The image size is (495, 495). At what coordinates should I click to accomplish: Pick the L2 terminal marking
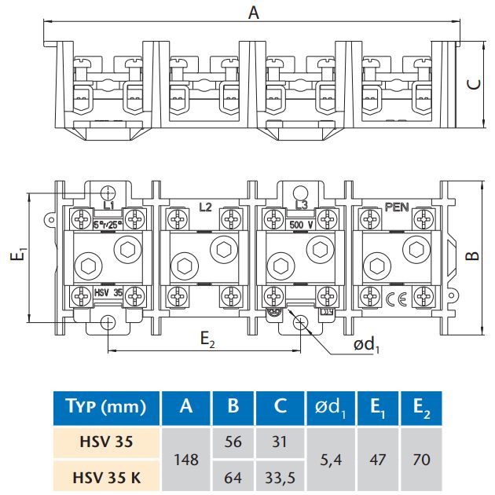206,207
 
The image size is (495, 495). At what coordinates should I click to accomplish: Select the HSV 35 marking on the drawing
107,291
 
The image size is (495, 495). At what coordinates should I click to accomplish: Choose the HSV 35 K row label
108,475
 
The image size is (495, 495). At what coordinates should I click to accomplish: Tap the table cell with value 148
186,459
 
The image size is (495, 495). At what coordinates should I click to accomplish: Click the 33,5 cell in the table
280,475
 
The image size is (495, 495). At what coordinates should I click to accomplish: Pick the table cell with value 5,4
331,459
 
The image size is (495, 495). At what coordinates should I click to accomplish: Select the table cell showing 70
420,459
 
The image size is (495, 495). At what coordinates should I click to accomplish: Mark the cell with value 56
233,442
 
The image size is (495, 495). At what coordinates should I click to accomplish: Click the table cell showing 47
376,459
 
